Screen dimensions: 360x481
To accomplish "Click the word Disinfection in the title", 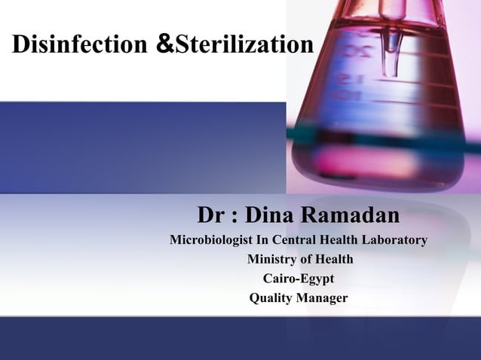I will click(78, 46).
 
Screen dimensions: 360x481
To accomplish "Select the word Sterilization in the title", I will click(243, 46).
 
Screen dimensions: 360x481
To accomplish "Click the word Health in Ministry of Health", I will click(334, 261).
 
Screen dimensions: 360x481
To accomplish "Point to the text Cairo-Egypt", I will click(298, 279).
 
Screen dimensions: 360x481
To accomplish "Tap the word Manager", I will click(322, 299).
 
